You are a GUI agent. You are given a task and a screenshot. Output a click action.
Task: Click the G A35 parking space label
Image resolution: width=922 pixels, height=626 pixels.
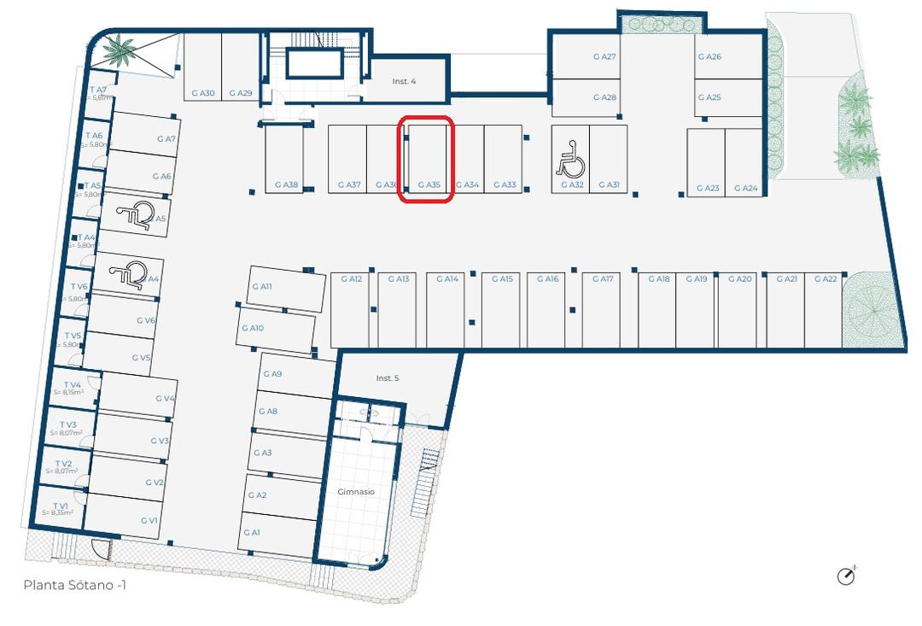[x=429, y=184]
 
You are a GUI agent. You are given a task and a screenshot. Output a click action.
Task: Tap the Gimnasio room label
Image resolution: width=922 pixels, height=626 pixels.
[x=356, y=492]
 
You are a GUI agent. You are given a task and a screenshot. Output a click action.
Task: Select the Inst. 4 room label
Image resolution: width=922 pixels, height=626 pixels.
[x=404, y=82]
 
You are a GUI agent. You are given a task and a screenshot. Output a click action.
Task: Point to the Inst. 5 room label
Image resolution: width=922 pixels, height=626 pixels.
[x=388, y=377]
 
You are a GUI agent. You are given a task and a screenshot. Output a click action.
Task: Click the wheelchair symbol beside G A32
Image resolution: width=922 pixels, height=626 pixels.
[x=569, y=160]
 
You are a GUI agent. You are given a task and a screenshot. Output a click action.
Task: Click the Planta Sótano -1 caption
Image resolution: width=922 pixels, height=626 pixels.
[x=76, y=585]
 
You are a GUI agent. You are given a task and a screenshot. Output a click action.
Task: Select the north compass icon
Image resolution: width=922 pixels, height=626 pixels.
[x=846, y=576]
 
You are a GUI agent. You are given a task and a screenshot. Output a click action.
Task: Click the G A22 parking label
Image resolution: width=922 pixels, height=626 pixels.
[x=826, y=279]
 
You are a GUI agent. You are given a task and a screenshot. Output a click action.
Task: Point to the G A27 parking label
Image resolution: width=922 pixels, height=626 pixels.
[x=604, y=57]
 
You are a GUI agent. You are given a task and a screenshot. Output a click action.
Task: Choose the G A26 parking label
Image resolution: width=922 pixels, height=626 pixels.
[x=709, y=57]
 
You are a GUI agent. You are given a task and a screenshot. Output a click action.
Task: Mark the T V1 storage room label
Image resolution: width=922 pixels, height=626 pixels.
[x=60, y=506]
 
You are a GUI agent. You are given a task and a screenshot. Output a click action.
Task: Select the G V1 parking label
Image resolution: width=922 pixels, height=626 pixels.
[x=149, y=520]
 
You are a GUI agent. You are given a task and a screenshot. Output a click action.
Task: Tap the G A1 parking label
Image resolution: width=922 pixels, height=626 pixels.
[x=251, y=532]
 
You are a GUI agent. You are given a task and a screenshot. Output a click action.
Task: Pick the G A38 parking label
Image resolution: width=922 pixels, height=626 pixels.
[x=286, y=184]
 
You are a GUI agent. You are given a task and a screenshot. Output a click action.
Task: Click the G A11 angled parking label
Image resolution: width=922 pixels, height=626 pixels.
[x=261, y=287]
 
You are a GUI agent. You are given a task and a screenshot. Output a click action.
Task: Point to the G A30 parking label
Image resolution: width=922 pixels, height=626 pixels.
[x=202, y=93]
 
